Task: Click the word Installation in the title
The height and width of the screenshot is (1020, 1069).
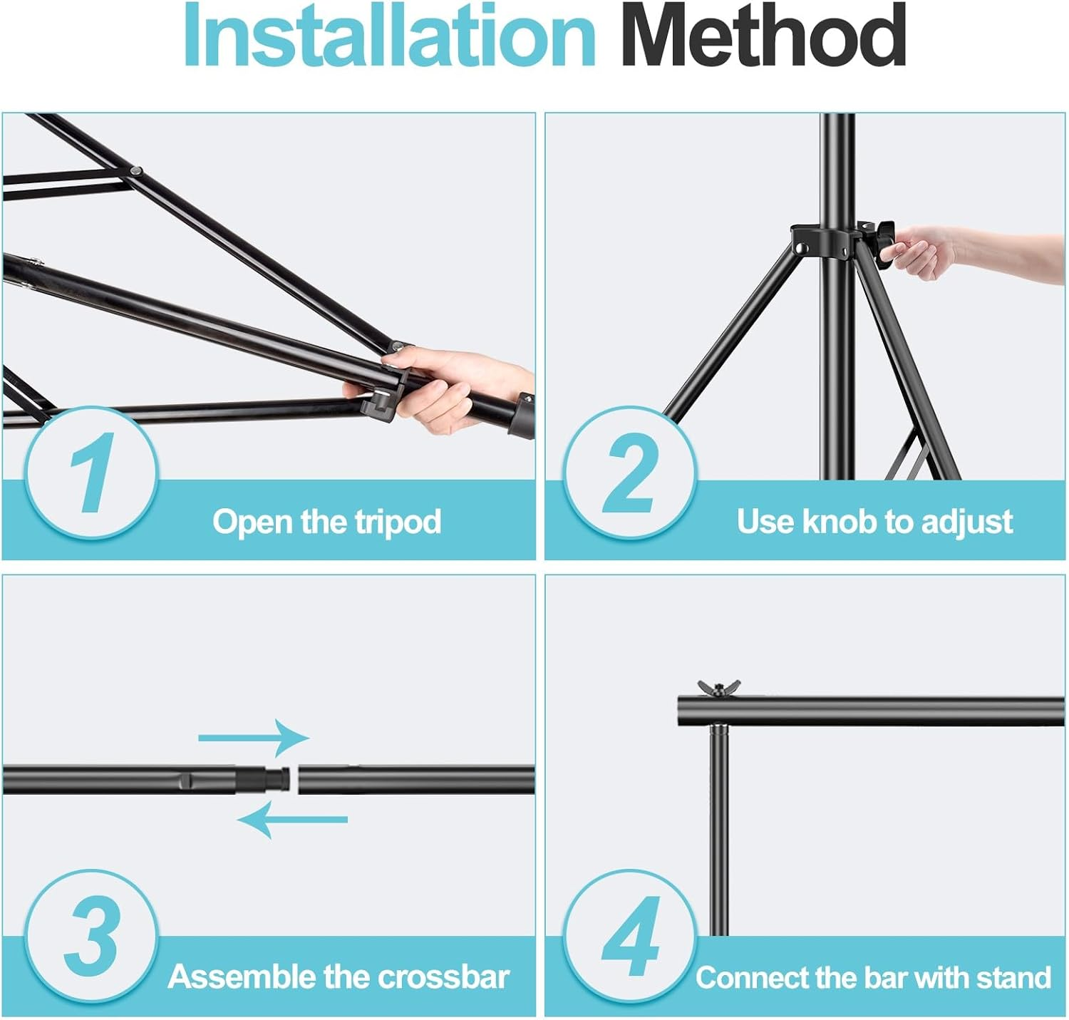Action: [x=388, y=36]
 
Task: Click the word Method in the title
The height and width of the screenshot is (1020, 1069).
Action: [x=763, y=36]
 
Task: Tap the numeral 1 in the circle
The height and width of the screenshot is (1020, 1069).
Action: [x=91, y=473]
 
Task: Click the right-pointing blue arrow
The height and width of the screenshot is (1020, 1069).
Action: [x=254, y=738]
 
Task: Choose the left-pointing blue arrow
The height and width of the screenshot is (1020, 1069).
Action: [x=292, y=819]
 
